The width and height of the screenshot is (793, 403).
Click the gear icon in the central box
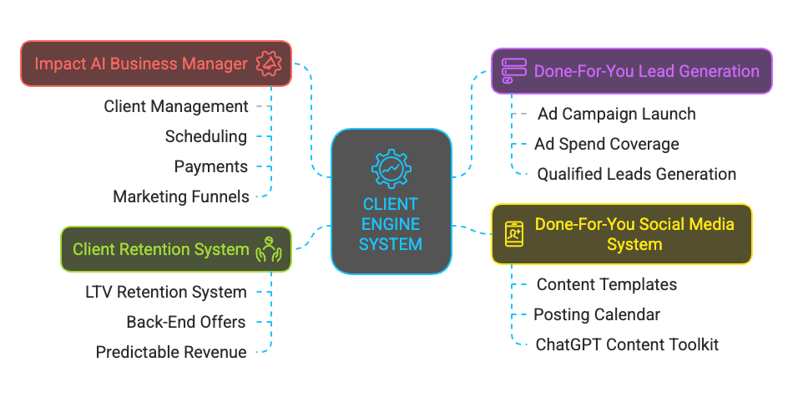click(391, 168)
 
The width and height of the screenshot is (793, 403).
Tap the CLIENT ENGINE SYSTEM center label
click(391, 223)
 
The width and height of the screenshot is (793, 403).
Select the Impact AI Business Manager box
click(156, 64)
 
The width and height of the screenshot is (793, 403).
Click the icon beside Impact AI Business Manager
click(270, 64)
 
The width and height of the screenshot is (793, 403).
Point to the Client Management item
click(176, 106)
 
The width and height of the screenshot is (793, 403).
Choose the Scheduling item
click(205, 136)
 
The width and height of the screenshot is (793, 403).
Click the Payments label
click(210, 166)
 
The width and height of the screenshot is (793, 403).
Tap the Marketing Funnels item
click(181, 196)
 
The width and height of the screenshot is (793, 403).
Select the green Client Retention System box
click(176, 249)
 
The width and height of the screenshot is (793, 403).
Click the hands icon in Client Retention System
click(270, 249)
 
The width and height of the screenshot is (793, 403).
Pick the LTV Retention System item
click(166, 292)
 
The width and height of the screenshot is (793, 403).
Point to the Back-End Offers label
click(186, 322)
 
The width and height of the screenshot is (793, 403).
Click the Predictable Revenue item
click(171, 352)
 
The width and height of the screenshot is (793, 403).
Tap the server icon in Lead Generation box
click(513, 71)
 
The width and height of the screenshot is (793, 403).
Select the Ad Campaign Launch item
click(616, 114)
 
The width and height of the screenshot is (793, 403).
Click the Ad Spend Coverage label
click(607, 144)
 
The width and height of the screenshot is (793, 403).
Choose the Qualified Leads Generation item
click(636, 174)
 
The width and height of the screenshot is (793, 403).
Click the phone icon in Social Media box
click(514, 234)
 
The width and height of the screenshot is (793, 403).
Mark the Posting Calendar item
click(597, 314)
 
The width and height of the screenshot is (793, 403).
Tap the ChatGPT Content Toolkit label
click(627, 344)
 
